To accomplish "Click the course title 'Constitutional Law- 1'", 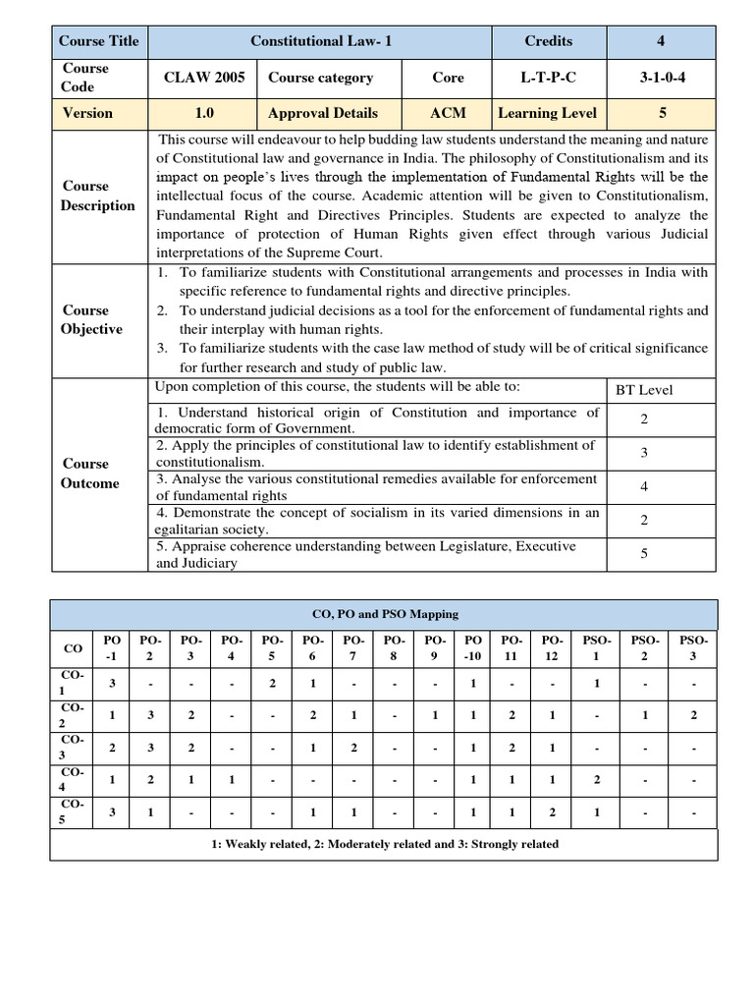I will (x=321, y=41).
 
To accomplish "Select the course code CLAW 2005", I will (x=204, y=78).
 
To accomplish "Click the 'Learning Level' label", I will (x=547, y=113).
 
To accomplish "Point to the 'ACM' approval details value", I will (x=448, y=113).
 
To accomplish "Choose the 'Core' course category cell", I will (x=448, y=78).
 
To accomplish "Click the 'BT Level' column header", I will (x=644, y=390).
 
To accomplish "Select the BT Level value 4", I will (x=644, y=486).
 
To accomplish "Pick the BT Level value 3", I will (x=644, y=453).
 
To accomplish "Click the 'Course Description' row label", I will (x=97, y=196).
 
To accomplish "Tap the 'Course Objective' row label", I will (x=91, y=319).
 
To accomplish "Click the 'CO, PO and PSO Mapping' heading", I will (x=385, y=614).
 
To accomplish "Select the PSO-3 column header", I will (x=694, y=649).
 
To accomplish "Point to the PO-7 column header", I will (x=352, y=649).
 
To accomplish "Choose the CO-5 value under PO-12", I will (x=553, y=812).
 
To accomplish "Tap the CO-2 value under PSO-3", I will (x=694, y=715).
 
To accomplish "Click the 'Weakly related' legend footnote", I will (x=385, y=844).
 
